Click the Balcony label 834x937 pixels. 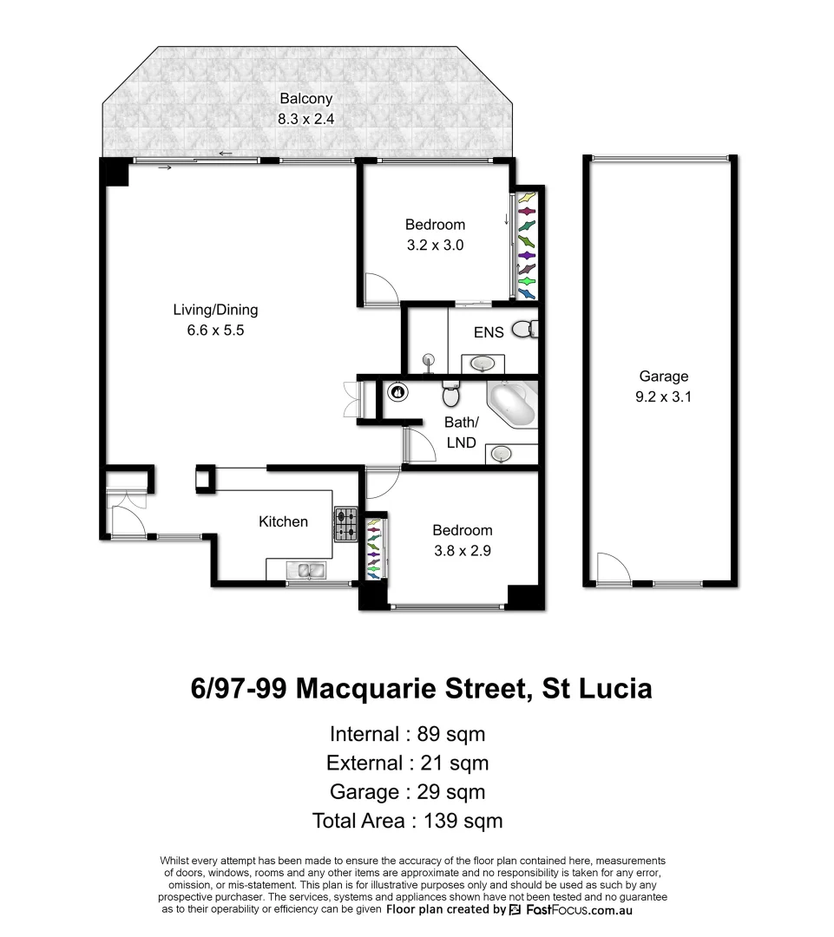[305, 99]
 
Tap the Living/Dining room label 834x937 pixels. [215, 310]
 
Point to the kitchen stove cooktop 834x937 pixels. [345, 525]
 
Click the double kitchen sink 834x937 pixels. [305, 570]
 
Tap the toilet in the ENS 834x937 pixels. [524, 330]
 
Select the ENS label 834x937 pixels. [489, 332]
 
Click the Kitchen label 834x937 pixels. [283, 521]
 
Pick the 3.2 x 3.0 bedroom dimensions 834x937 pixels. [435, 246]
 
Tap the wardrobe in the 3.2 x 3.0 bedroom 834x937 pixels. [526, 246]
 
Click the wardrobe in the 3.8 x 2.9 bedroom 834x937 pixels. [374, 548]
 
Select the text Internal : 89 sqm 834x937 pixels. [407, 734]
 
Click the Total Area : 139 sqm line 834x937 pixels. [407, 821]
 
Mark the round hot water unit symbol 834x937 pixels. [398, 391]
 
